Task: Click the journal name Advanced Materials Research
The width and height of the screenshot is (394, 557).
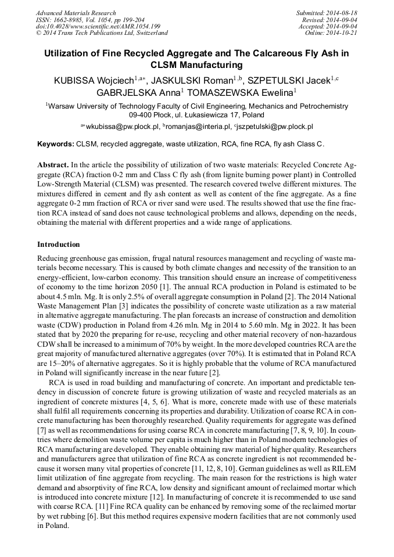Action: tap(76, 13)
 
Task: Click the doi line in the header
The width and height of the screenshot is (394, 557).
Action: tap(98, 26)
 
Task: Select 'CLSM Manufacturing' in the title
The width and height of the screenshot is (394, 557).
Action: tap(196, 65)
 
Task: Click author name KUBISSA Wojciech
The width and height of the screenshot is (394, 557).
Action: tap(94, 81)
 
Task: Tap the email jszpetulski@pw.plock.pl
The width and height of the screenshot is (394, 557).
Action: tap(275, 126)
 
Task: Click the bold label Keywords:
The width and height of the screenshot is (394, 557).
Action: tap(56, 143)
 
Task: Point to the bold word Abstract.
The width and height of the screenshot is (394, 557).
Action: tap(53, 165)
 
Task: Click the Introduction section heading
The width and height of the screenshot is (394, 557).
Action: tap(59, 245)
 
